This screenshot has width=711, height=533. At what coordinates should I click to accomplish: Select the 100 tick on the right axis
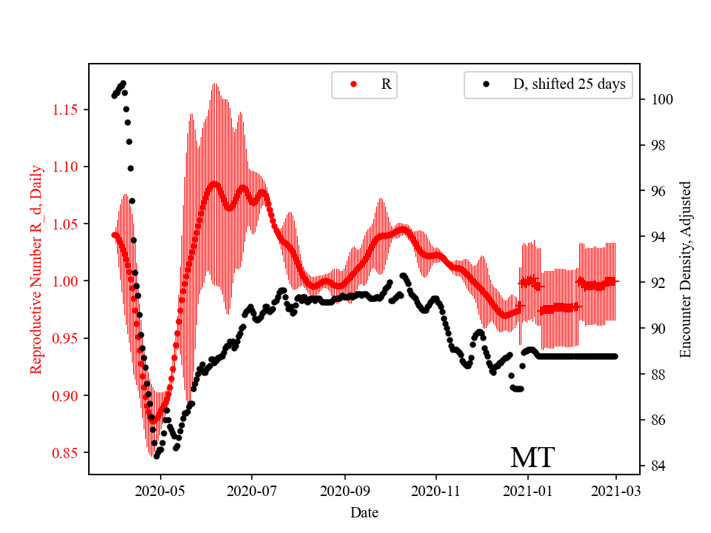coord(661,99)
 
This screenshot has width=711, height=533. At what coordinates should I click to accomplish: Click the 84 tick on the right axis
coord(658,466)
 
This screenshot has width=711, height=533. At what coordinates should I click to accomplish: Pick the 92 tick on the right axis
coord(658,283)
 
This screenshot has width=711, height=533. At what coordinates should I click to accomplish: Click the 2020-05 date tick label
coord(161,490)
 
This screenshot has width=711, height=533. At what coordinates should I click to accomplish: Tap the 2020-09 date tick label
coord(344,490)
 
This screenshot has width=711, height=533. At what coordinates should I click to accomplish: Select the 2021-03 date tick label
coord(615,490)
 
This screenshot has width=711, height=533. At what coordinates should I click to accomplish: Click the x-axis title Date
coord(365,512)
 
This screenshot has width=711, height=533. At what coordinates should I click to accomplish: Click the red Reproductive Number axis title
coord(36,269)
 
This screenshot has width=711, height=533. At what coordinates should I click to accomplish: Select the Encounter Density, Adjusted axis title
coord(685,269)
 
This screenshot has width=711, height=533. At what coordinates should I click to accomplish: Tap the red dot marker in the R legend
coord(353,84)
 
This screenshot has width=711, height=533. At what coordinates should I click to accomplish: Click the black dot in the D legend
coord(487,84)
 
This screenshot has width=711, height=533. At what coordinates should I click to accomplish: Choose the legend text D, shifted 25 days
coord(569,84)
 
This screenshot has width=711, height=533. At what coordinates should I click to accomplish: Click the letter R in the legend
coord(386,84)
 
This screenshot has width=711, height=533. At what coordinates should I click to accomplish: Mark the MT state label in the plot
coord(533,457)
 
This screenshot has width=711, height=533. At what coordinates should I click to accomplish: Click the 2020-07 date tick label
coord(252,490)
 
